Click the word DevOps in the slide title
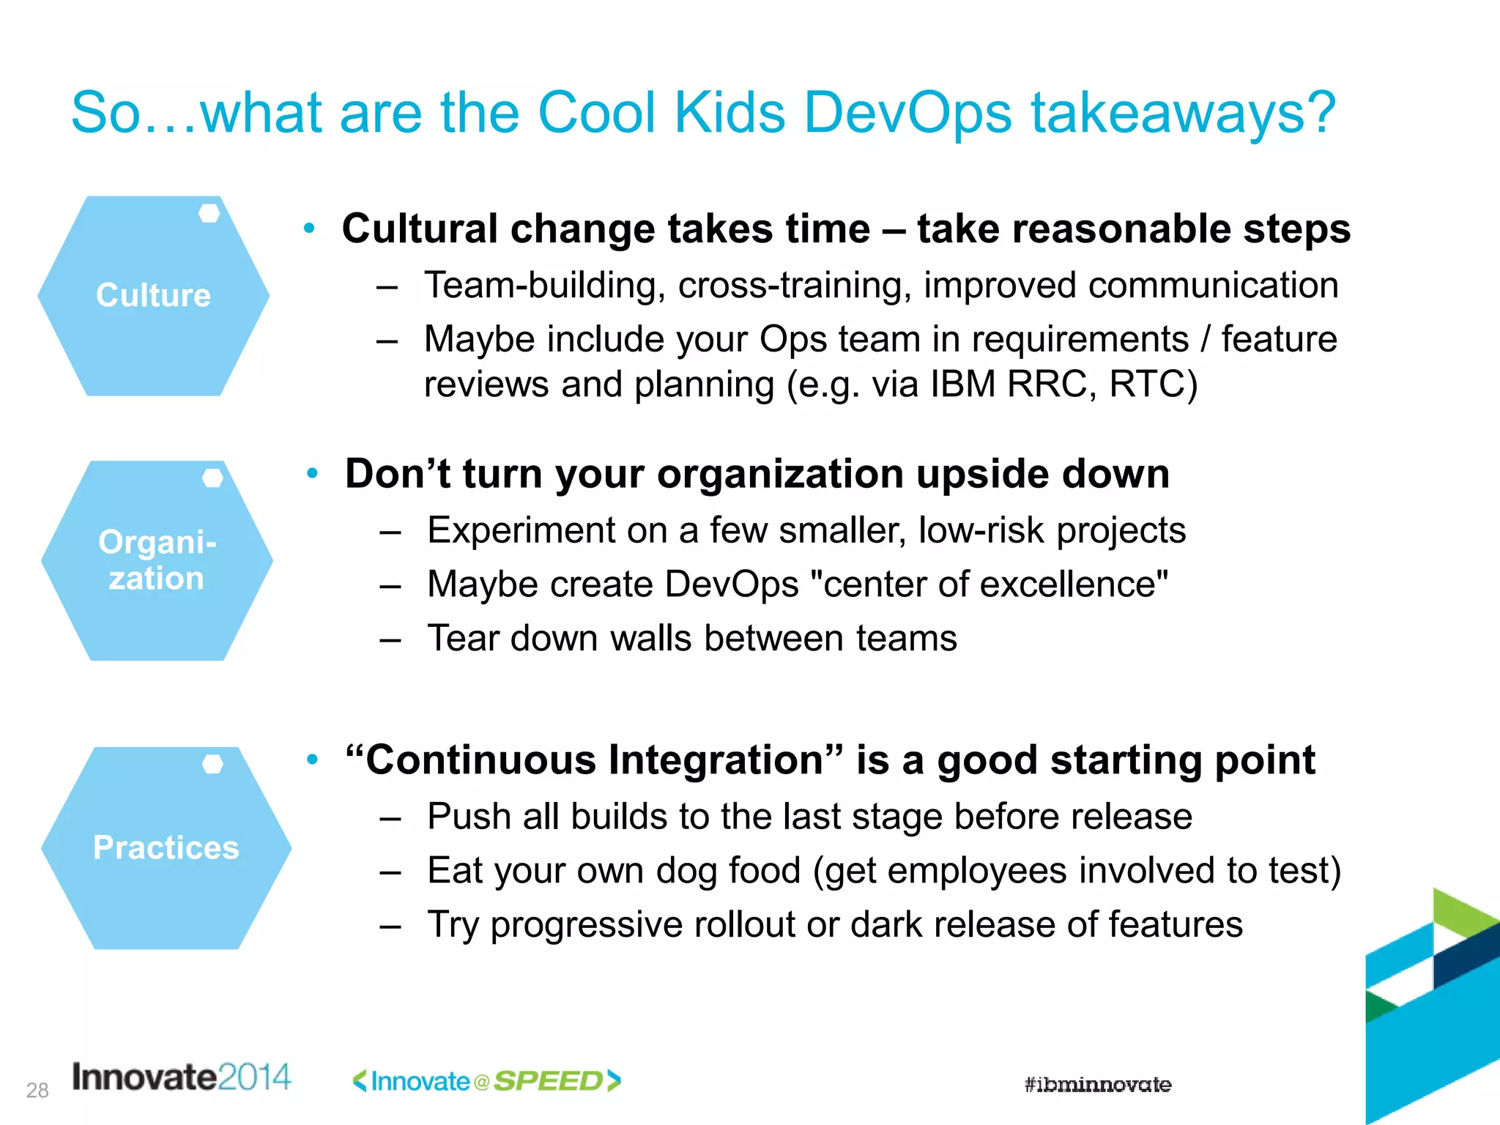point(907,114)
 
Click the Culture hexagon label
point(153,295)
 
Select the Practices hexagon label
point(166,847)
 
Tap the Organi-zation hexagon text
point(157,560)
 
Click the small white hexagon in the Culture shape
point(209,213)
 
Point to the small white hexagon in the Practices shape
point(212,764)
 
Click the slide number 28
point(37,1091)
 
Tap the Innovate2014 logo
point(181,1077)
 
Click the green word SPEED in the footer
point(548,1081)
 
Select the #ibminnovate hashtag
point(1097,1085)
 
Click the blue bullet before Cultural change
point(310,229)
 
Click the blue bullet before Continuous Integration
point(313,760)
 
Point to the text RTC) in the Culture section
point(1153,385)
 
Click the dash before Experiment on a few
point(390,532)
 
